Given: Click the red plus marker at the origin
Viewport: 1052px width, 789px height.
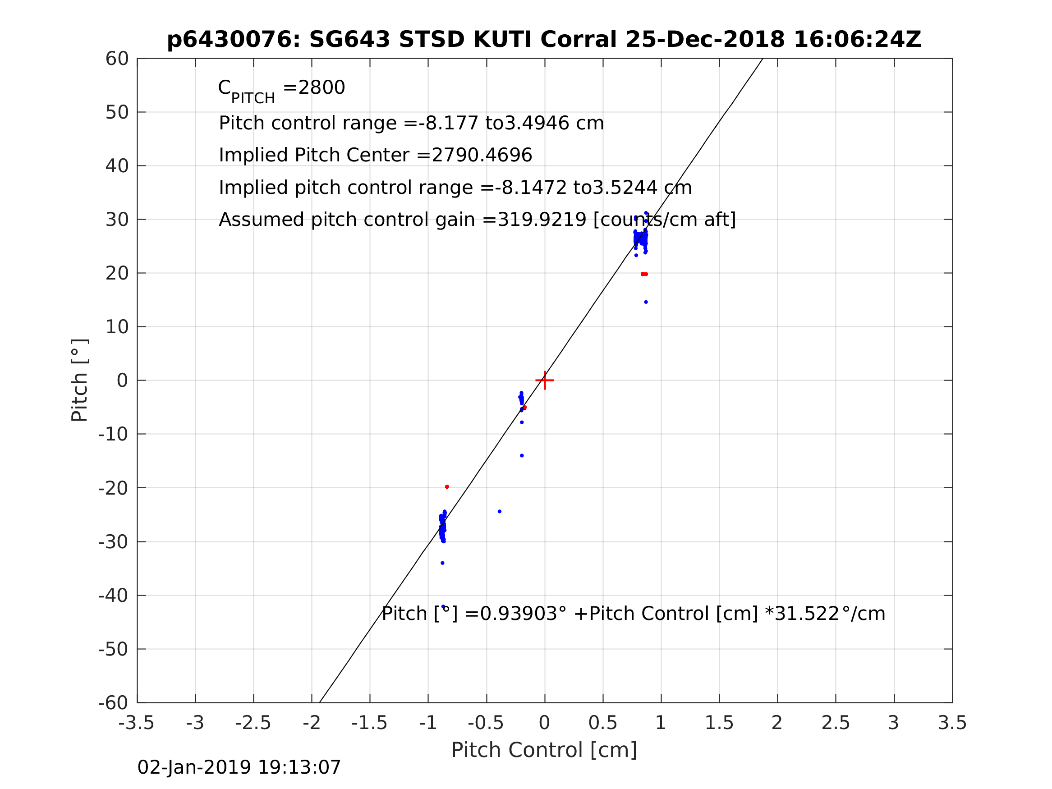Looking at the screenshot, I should pos(545,381).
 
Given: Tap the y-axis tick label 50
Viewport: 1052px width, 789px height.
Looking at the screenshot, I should pos(117,113).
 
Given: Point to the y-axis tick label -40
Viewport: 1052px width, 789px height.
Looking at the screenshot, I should pos(113,596).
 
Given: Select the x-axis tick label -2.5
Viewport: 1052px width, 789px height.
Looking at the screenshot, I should pos(253,723).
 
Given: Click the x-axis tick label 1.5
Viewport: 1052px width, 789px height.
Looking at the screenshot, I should pos(719,723).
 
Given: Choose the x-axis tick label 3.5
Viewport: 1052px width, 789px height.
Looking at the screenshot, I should pos(952,723).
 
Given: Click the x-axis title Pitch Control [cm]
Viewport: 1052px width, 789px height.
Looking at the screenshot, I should pos(544,751).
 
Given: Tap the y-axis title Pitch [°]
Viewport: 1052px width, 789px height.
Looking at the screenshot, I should pos(79,381).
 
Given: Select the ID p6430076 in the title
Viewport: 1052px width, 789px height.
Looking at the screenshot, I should pos(233,40).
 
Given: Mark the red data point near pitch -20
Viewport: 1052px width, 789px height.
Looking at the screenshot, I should pos(447,487).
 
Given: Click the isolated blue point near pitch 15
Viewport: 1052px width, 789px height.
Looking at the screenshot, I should pos(646,302).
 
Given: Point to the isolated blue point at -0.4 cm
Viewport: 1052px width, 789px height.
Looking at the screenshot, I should pos(499,511).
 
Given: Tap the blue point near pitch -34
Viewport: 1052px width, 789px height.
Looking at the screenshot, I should pos(442,563).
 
